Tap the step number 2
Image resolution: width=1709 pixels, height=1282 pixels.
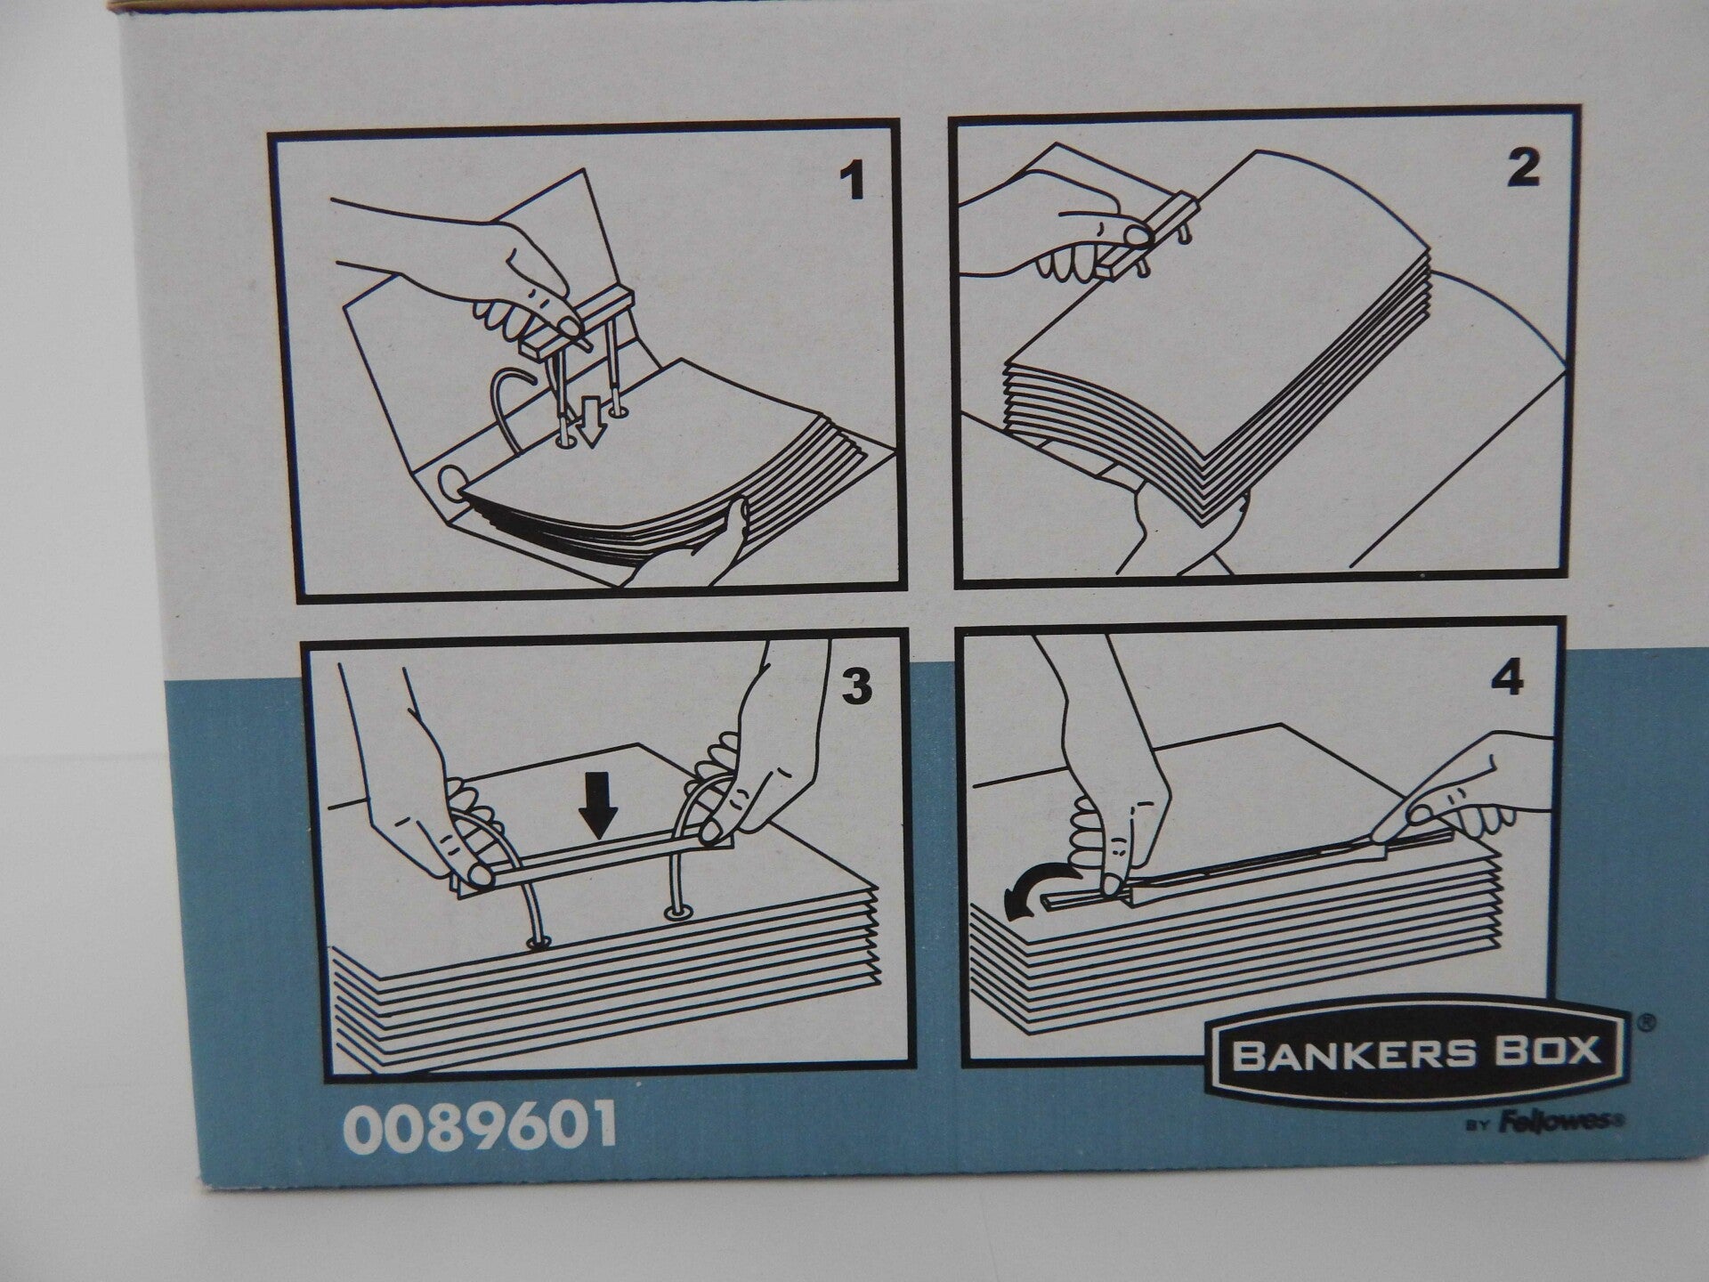pyautogui.click(x=1523, y=168)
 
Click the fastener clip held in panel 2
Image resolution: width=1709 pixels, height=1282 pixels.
pyautogui.click(x=1170, y=233)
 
